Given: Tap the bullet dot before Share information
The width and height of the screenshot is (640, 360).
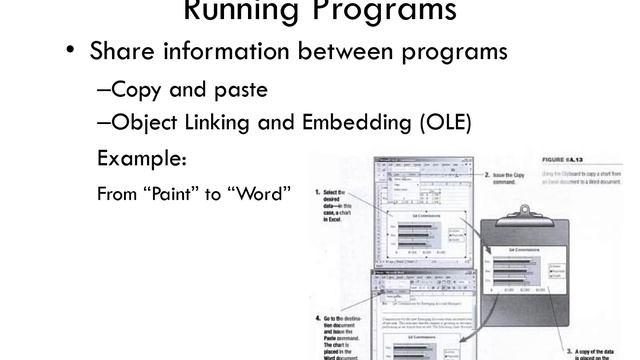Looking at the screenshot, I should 69,51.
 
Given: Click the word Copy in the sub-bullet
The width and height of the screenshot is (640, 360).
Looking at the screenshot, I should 140,90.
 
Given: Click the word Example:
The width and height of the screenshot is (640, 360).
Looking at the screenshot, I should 141,158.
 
